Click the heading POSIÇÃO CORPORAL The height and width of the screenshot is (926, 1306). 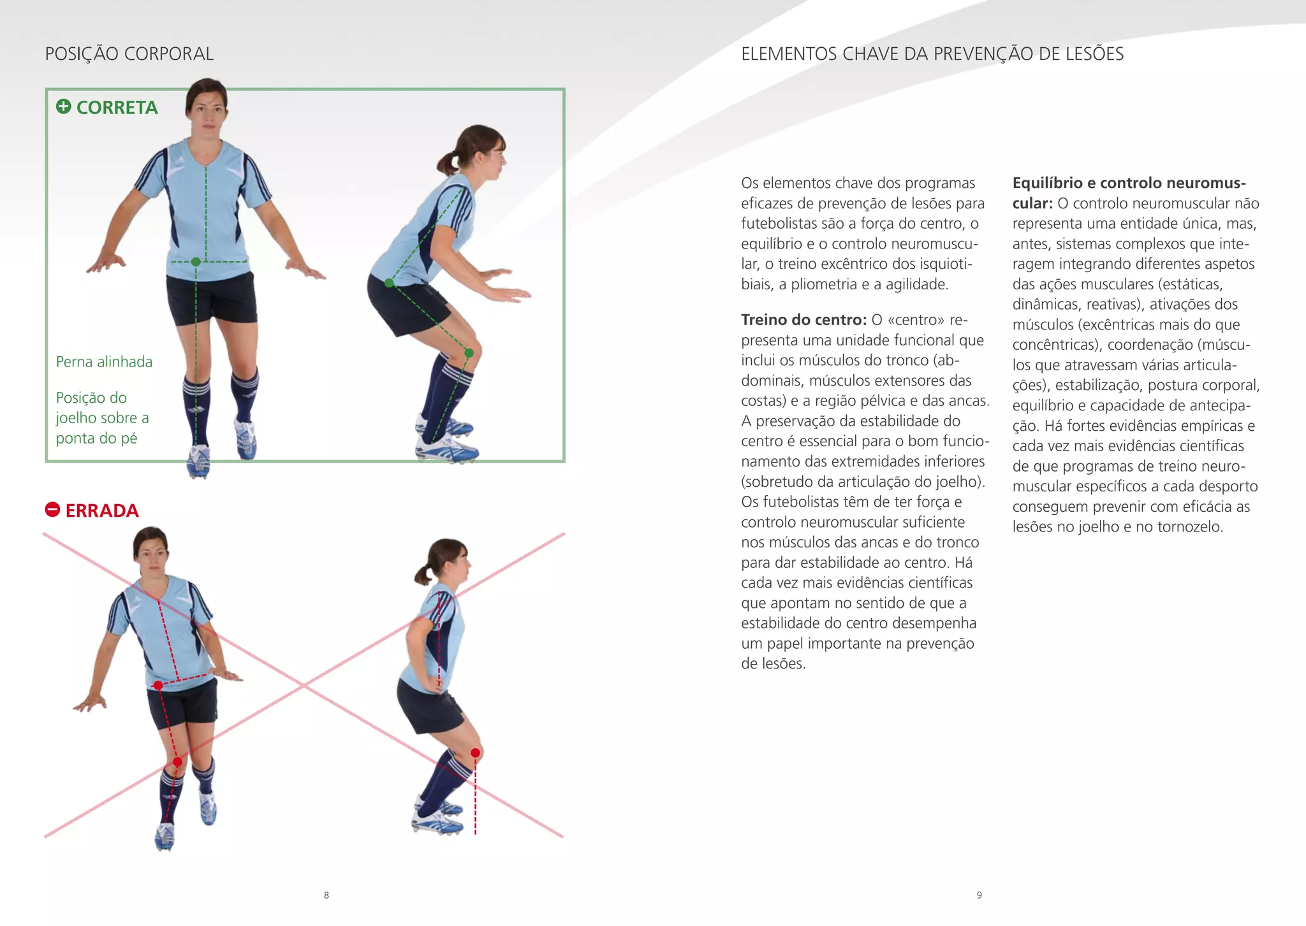coord(129,54)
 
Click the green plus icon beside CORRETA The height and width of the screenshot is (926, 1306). coord(63,106)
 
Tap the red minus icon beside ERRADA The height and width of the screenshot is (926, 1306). coord(52,509)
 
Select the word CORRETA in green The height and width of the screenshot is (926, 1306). coord(117,108)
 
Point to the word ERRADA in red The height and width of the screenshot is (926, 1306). coord(102,511)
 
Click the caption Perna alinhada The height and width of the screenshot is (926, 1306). coord(104,362)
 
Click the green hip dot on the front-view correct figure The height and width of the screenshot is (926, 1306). coord(196,261)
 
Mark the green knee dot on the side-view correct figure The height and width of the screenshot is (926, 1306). coord(469,352)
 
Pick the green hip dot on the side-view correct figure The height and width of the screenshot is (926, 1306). coord(389,283)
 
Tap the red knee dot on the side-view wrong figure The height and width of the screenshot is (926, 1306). coord(475,753)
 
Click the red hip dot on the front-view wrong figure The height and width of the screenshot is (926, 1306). coord(158,685)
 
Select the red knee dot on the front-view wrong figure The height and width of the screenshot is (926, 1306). coord(177,762)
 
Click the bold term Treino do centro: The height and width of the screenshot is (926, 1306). coord(803,320)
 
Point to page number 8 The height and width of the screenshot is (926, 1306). coord(326,895)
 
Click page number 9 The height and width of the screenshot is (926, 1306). coord(979,895)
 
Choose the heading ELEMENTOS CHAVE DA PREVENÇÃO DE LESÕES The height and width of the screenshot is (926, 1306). coord(932,54)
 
